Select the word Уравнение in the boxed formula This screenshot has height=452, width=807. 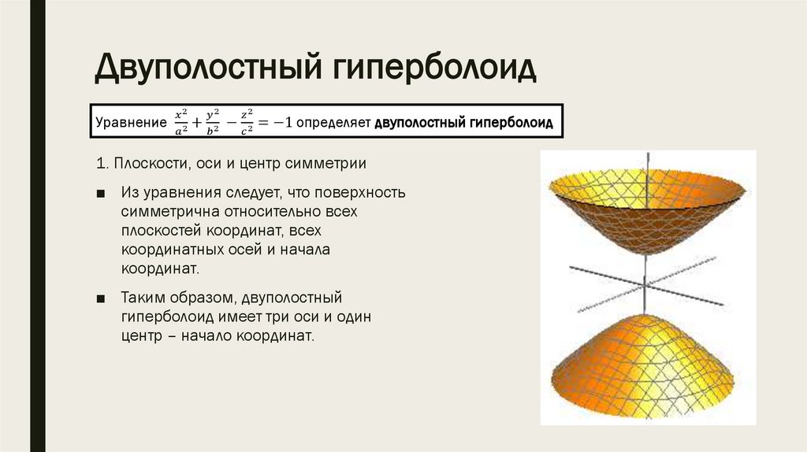tap(125, 124)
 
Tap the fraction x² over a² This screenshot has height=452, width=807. tap(181, 123)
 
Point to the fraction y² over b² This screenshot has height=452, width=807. tap(212, 123)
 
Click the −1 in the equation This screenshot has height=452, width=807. tap(284, 124)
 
